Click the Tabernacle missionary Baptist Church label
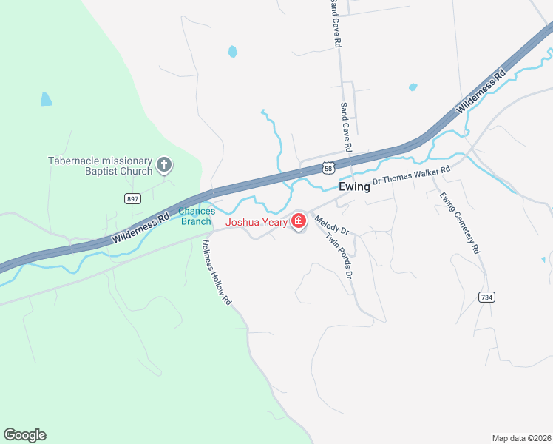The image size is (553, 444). [100, 166]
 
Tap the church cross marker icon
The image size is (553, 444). [164, 165]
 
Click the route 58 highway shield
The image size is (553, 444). [328, 168]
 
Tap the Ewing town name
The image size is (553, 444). [354, 187]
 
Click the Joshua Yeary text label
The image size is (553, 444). [257, 221]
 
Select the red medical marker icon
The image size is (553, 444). [299, 221]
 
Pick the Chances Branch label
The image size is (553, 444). [197, 216]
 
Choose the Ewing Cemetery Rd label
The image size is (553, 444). [461, 222]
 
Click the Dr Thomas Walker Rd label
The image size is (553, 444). [411, 175]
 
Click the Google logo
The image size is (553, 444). [24, 435]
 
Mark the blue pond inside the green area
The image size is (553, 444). [46, 99]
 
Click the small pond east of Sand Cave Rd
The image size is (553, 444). [413, 87]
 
